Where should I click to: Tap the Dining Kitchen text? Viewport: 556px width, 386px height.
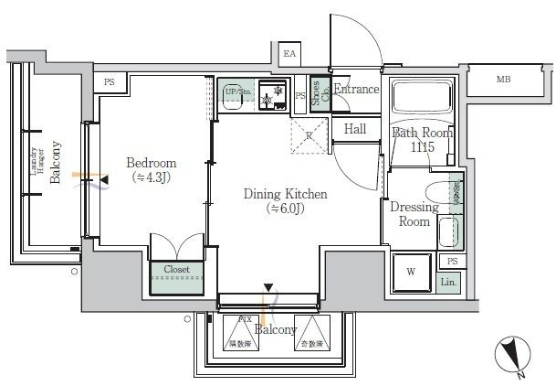pos(284,194)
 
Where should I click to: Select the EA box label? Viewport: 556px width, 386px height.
pos(289,55)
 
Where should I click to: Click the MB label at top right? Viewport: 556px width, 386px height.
pos(503,80)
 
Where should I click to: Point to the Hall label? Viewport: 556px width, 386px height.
pos(355,129)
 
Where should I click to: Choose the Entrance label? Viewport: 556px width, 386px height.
pos(356,89)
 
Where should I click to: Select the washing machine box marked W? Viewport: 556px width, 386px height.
pos(411,271)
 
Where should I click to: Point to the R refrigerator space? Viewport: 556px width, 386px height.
pos(309,135)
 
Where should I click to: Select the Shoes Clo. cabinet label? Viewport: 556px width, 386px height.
pos(320,94)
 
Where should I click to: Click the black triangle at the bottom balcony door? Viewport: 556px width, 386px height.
pos(268,288)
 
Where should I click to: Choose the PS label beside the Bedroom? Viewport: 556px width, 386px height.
pos(110,81)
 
